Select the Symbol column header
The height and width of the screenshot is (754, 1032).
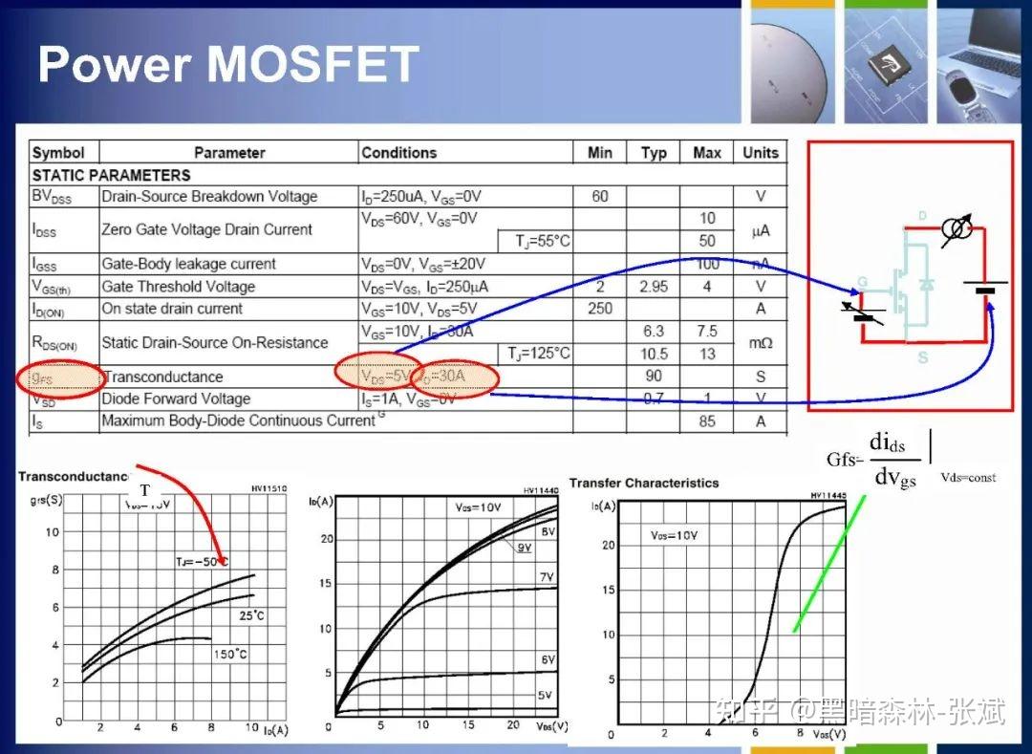pyautogui.click(x=58, y=153)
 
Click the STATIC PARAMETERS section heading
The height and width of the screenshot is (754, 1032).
pyautogui.click(x=111, y=175)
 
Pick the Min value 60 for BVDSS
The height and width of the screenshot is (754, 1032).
pyautogui.click(x=599, y=197)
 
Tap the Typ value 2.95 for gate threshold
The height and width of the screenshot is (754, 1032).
pyautogui.click(x=654, y=287)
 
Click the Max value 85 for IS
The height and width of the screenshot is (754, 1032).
pyautogui.click(x=706, y=421)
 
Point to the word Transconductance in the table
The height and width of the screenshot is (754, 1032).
pyautogui.click(x=162, y=377)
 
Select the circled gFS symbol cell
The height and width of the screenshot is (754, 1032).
pyautogui.click(x=57, y=377)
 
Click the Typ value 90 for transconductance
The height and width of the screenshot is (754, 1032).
pyautogui.click(x=654, y=376)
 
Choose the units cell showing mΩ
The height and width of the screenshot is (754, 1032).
pyautogui.click(x=761, y=342)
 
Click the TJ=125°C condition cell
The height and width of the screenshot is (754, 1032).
pyautogui.click(x=539, y=354)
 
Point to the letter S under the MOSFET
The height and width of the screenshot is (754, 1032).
pyautogui.click(x=923, y=357)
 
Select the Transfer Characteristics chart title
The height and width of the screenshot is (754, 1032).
pyautogui.click(x=644, y=483)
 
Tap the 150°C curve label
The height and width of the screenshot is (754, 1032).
pyautogui.click(x=228, y=655)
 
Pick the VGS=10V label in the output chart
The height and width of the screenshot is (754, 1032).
pyautogui.click(x=477, y=507)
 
